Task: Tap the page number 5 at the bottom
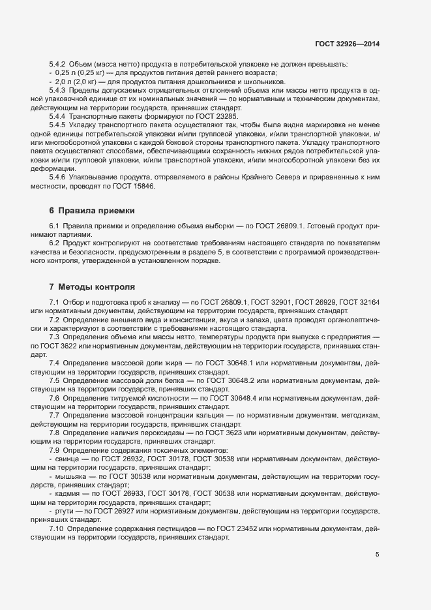(377, 555)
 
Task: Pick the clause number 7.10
(59, 527)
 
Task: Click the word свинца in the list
(68, 459)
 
